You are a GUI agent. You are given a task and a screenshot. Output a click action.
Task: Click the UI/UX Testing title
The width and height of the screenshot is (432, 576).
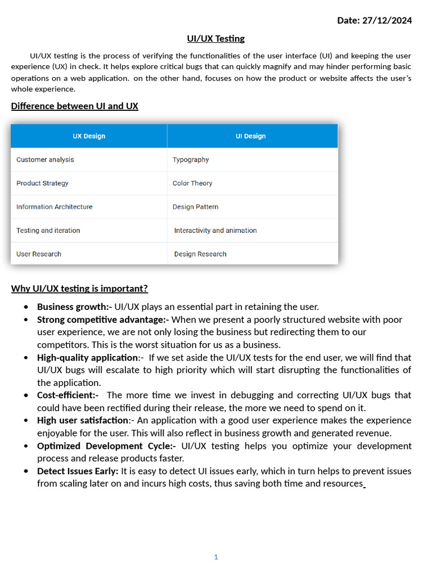pyautogui.click(x=216, y=38)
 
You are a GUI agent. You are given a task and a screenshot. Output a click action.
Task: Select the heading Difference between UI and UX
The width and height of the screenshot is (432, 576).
pyautogui.click(x=74, y=106)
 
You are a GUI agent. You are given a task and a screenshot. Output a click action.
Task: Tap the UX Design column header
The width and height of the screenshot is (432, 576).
pyautogui.click(x=89, y=136)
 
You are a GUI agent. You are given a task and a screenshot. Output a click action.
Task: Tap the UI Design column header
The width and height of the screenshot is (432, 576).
pyautogui.click(x=250, y=136)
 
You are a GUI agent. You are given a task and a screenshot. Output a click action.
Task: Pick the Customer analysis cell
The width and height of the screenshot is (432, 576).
pyautogui.click(x=45, y=160)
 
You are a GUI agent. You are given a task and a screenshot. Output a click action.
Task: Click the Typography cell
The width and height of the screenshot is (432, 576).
pyautogui.click(x=191, y=160)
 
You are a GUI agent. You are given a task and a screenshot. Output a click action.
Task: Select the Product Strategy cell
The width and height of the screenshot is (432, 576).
pyautogui.click(x=42, y=183)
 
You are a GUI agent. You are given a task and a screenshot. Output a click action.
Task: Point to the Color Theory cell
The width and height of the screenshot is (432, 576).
pyautogui.click(x=192, y=183)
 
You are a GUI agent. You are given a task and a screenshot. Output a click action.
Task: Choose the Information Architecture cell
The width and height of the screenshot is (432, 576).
pyautogui.click(x=54, y=207)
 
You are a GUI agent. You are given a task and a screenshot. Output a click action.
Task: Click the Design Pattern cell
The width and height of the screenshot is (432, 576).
pyautogui.click(x=195, y=207)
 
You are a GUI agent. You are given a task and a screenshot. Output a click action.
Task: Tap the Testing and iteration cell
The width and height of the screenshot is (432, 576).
pyautogui.click(x=48, y=231)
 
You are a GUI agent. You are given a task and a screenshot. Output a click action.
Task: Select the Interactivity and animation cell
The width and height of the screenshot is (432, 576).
pyautogui.click(x=215, y=231)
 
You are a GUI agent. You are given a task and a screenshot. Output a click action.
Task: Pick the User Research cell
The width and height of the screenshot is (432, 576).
pyautogui.click(x=39, y=254)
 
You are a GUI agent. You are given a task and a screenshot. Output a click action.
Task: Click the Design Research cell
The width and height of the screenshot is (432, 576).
pyautogui.click(x=200, y=254)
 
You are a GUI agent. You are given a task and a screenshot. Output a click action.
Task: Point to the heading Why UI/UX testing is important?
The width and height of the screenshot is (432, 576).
pyautogui.click(x=79, y=289)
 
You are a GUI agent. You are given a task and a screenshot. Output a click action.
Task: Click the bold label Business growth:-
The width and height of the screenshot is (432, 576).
pyautogui.click(x=74, y=307)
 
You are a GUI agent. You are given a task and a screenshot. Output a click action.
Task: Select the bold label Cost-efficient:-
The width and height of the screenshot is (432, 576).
pyautogui.click(x=67, y=395)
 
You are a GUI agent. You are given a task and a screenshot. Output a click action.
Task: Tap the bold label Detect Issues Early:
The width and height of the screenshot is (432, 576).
pyautogui.click(x=78, y=471)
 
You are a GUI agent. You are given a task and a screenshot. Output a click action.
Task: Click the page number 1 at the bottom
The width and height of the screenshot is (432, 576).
pyautogui.click(x=216, y=557)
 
